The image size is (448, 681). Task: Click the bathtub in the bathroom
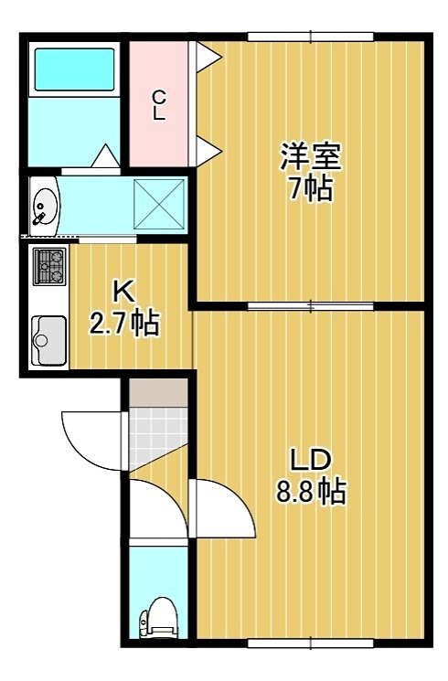73,69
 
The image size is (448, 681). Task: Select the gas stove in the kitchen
48,267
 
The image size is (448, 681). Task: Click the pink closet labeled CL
158,102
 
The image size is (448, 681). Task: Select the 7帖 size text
311,191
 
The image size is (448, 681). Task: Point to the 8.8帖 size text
310,493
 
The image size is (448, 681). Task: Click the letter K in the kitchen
122,292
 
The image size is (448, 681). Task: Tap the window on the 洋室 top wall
311,37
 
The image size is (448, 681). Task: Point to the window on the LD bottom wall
311,644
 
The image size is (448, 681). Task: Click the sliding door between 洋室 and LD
311,304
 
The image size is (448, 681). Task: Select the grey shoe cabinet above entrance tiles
157,389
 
